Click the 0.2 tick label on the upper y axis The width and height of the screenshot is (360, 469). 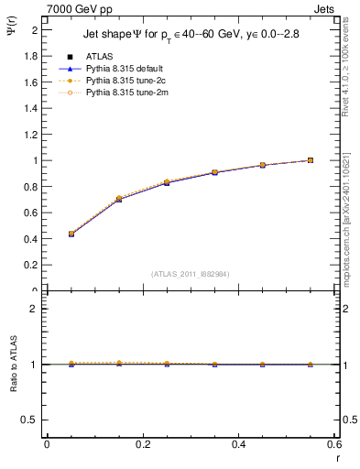[x=30, y=266]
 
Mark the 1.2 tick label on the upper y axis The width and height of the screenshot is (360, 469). [x=30, y=135]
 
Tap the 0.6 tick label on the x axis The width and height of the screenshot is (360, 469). [x=334, y=445]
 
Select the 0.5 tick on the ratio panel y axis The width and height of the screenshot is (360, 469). [x=30, y=420]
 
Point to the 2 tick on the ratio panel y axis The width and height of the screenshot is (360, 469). [x=33, y=309]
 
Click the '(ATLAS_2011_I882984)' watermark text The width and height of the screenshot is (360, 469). [x=190, y=274]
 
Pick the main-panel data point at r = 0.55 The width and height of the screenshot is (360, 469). [x=311, y=160]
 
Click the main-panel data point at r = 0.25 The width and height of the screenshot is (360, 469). [x=166, y=182]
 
